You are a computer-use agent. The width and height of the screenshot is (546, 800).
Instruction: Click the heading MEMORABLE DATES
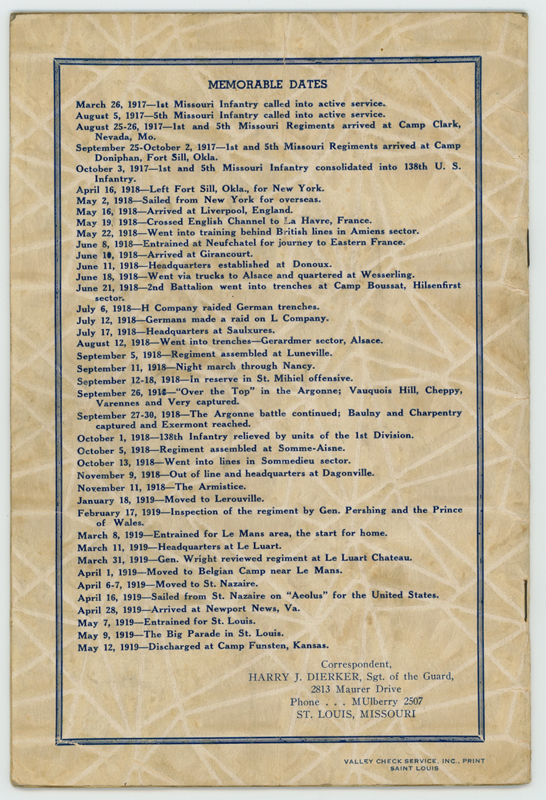[x=268, y=84]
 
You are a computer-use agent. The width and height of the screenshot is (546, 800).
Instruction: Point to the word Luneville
[x=309, y=353]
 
